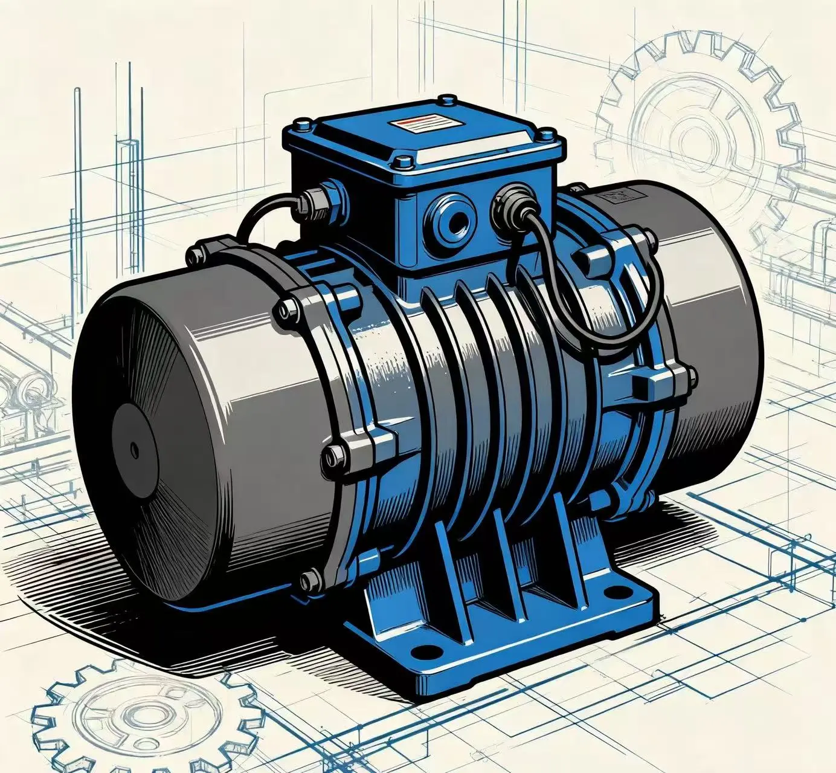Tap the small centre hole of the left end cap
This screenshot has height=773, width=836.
coord(134,449)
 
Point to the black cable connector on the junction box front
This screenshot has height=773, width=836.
coord(510,204)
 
